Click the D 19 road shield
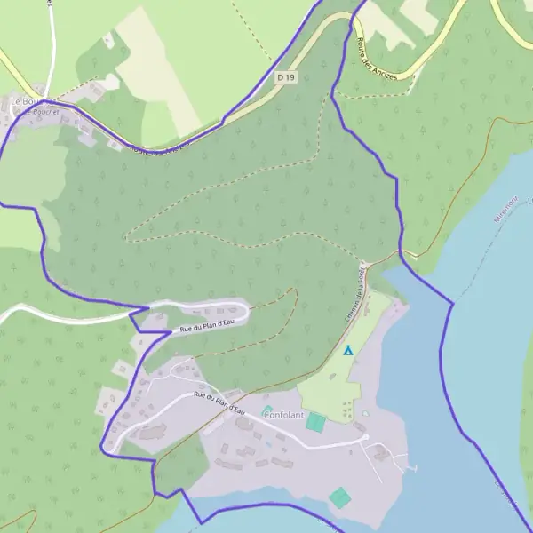tap(285, 77)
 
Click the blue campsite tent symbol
tap(348, 351)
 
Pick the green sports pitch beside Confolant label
tap(315, 423)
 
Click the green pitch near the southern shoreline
tap(338, 497)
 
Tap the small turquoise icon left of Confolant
tap(266, 411)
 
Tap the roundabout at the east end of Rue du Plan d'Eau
tap(363, 436)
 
